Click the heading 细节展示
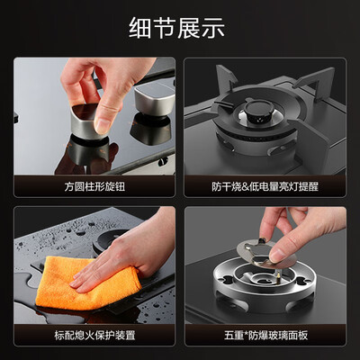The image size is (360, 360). tap(177, 28)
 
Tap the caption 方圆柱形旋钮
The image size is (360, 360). tap(94, 186)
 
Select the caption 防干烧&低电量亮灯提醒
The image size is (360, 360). tap(265, 186)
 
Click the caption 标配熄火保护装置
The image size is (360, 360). tap(94, 335)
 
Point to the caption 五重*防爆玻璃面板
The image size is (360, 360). tap(265, 335)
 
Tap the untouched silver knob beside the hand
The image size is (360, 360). tap(155, 100)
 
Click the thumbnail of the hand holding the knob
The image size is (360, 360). tap(94, 116)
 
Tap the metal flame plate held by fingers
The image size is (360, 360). tap(264, 252)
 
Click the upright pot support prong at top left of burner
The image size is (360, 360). tap(226, 78)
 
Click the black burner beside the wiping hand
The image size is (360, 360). tap(111, 240)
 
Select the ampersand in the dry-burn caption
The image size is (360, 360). tap(246, 187)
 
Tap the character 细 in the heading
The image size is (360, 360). tap(139, 28)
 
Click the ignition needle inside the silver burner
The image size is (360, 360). tap(279, 274)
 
